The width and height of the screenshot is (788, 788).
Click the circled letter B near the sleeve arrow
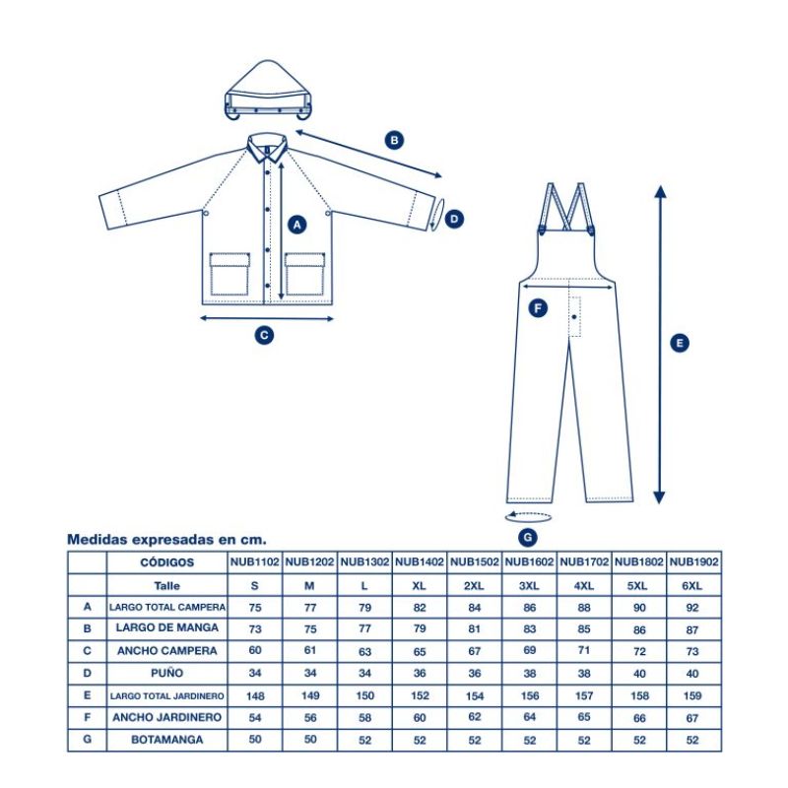tap(394, 140)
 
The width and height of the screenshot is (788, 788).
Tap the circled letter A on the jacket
tap(297, 225)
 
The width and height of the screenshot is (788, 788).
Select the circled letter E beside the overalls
tap(680, 343)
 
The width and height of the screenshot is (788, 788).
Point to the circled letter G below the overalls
tap(528, 538)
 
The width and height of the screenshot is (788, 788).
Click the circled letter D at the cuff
tap(454, 219)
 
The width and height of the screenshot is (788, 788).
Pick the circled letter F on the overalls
tap(538, 307)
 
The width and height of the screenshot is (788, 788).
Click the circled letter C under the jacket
tap(264, 335)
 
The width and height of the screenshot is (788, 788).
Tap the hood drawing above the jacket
tap(268, 91)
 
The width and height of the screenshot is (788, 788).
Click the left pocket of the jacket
tap(230, 274)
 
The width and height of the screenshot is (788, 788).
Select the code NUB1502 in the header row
tap(474, 561)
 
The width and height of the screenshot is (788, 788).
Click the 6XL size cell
tap(692, 585)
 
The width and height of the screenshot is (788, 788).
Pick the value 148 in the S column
tap(255, 696)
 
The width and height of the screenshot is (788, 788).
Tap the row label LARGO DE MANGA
tap(166, 627)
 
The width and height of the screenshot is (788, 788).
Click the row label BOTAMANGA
tap(166, 740)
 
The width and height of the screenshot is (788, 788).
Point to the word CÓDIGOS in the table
tap(166, 562)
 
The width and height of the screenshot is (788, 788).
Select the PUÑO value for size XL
tap(420, 674)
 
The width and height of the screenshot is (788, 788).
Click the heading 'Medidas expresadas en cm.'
tap(166, 540)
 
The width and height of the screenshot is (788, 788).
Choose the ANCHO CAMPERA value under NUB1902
tap(692, 651)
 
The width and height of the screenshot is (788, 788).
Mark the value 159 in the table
tap(692, 696)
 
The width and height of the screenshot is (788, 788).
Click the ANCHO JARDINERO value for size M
tap(310, 718)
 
